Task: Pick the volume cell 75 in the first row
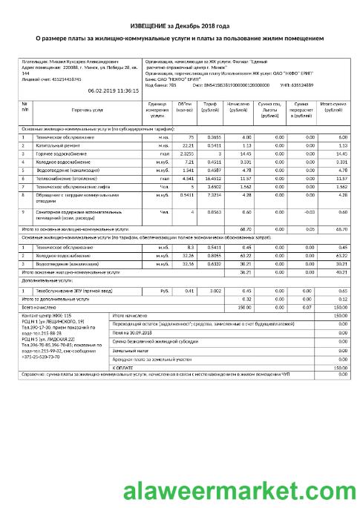[190, 138]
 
